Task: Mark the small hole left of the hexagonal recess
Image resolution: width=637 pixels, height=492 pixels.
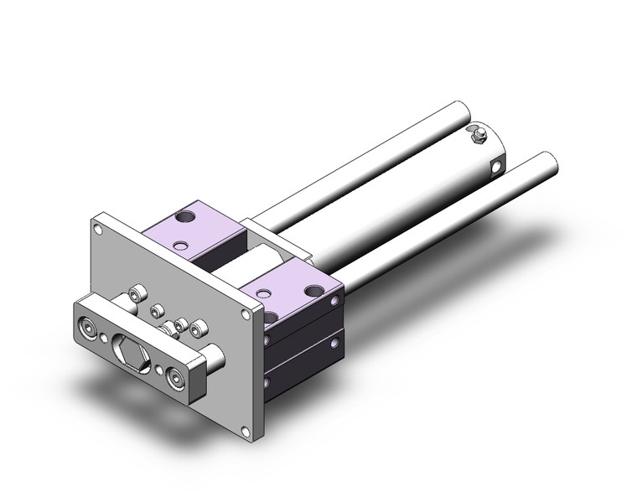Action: click(x=104, y=339)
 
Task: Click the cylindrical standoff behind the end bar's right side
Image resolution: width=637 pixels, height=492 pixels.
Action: click(x=213, y=358)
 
